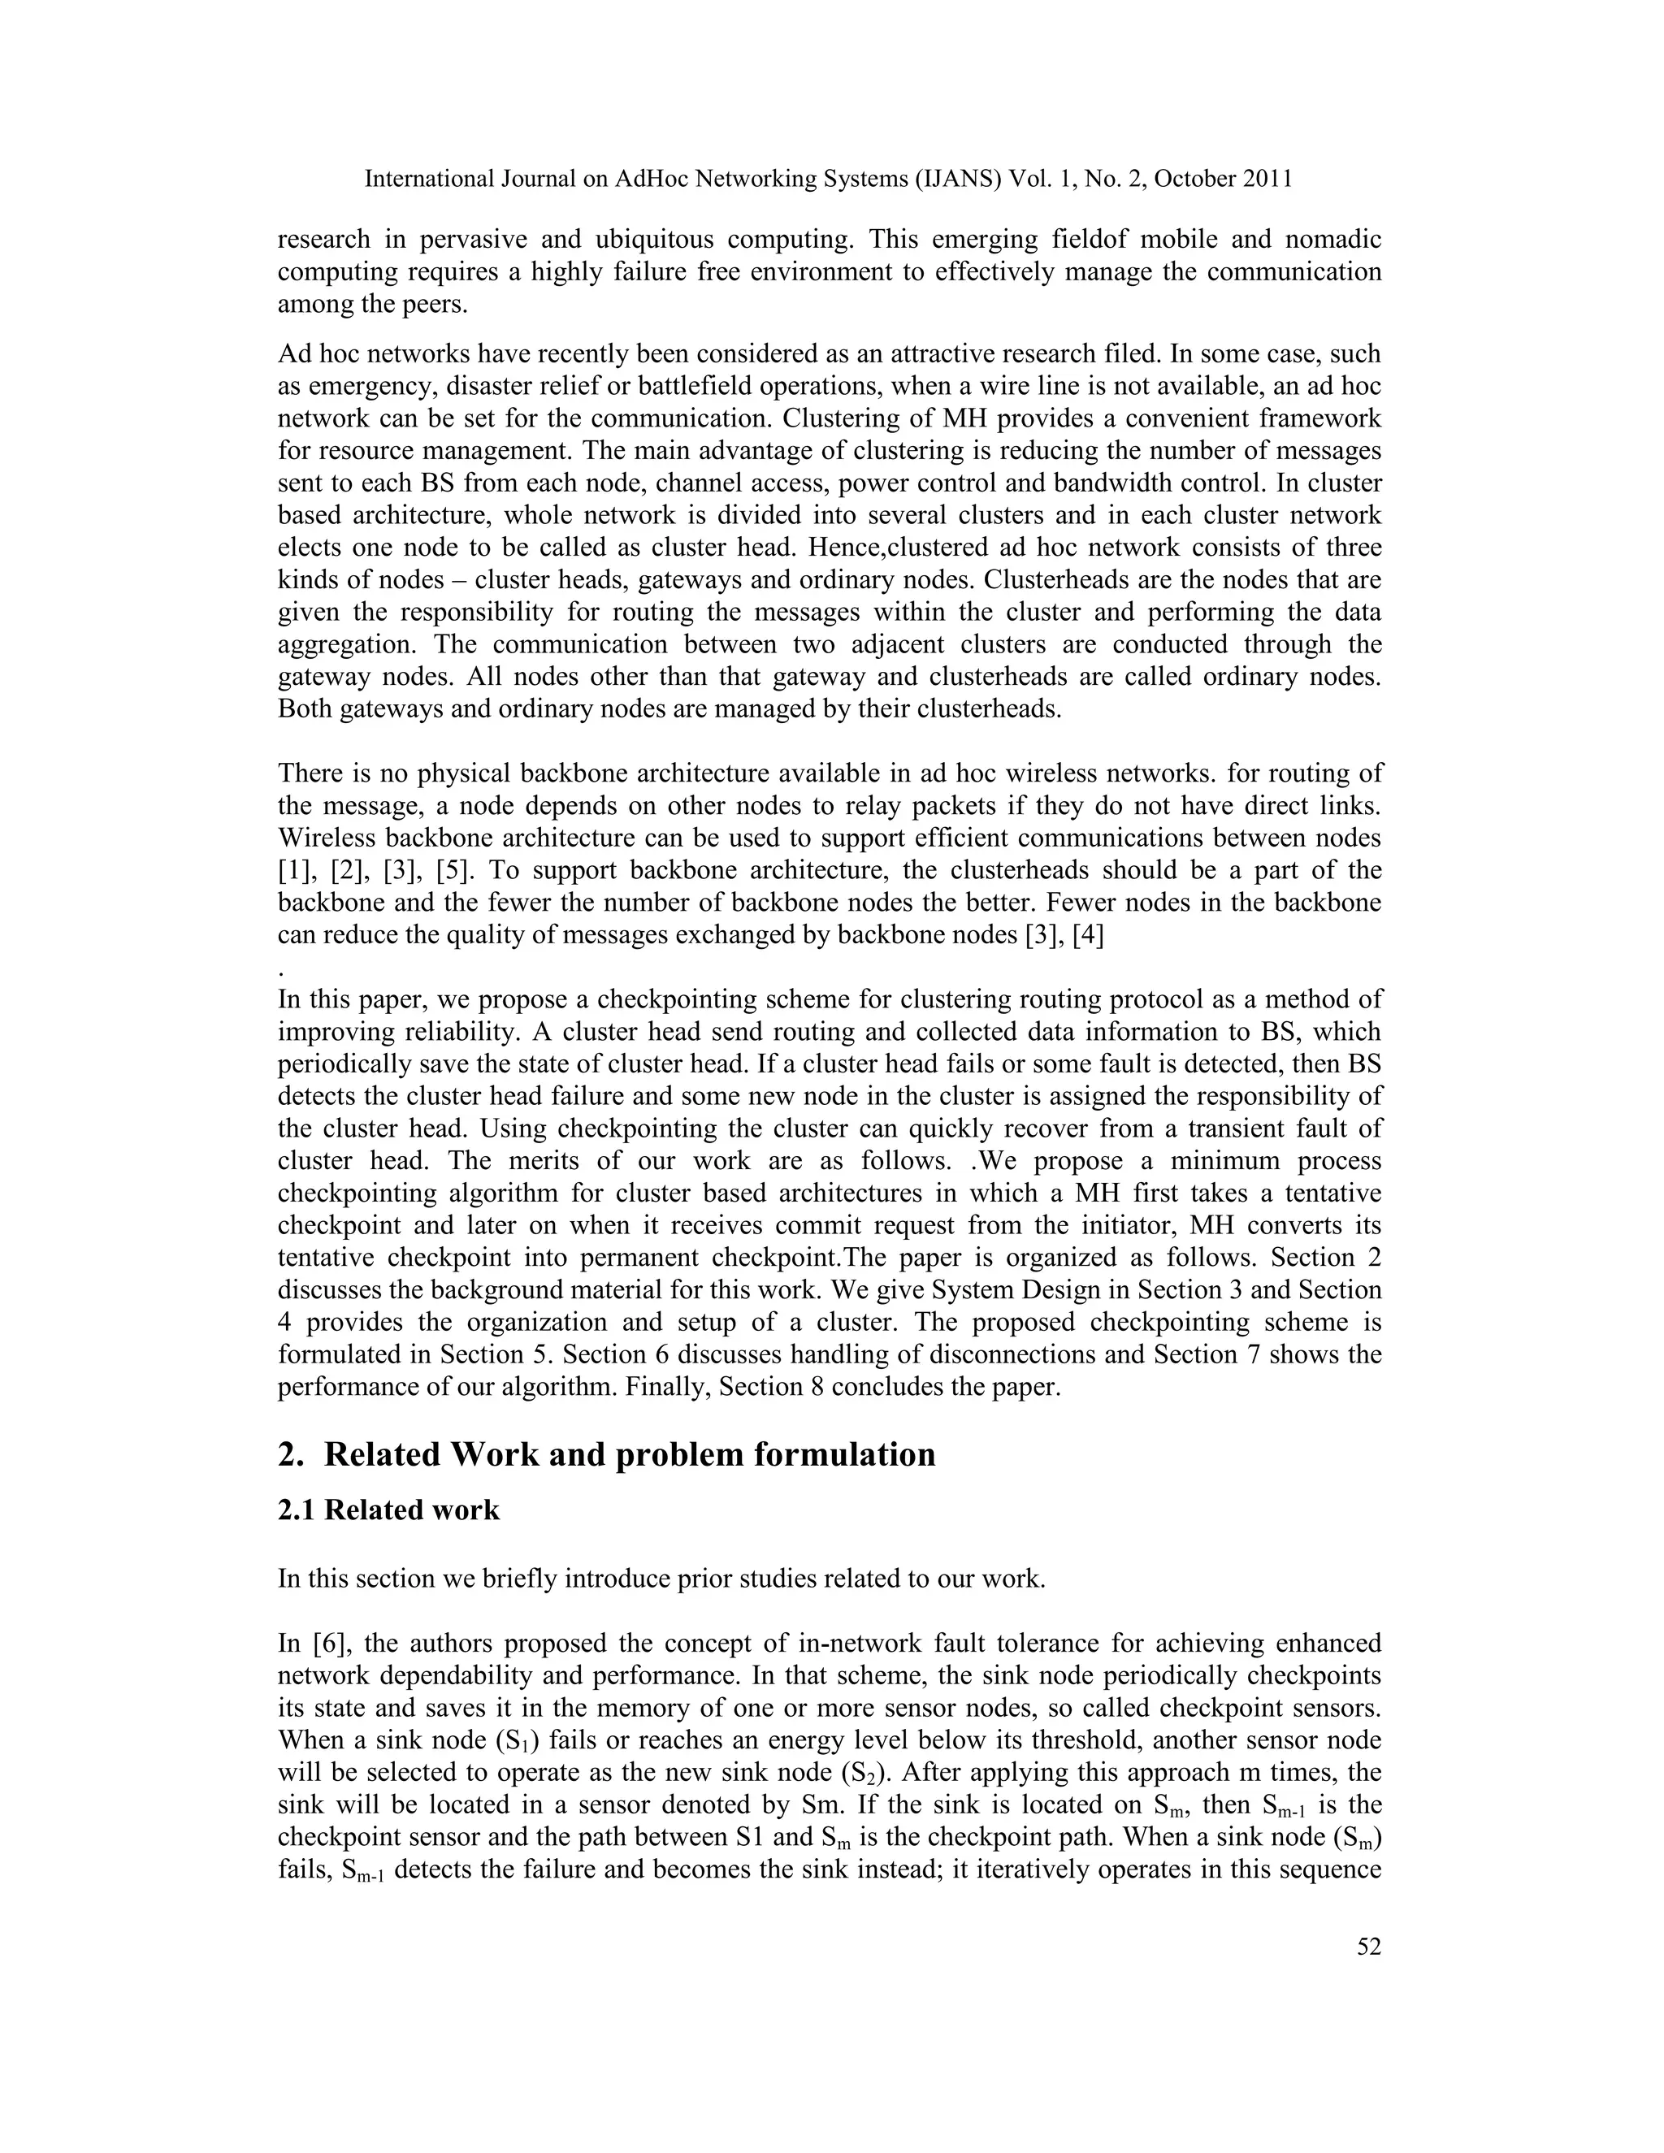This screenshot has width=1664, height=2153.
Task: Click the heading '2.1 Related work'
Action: (388, 1510)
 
